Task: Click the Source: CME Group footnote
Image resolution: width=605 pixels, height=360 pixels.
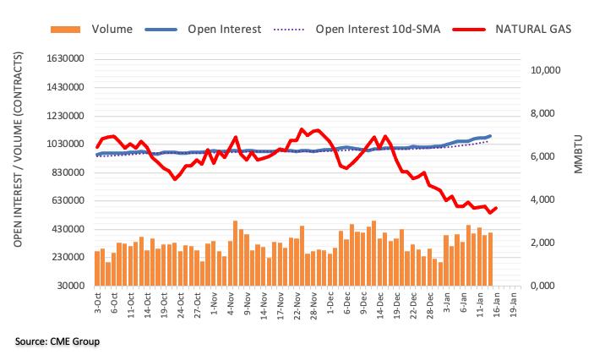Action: pos(57,341)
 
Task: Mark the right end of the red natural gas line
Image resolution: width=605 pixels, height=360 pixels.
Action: pos(496,208)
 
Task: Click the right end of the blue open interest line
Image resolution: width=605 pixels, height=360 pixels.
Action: pos(491,136)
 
